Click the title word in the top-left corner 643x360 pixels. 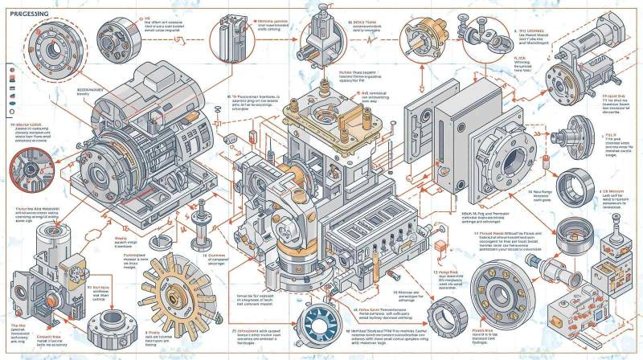[x=26, y=14]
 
